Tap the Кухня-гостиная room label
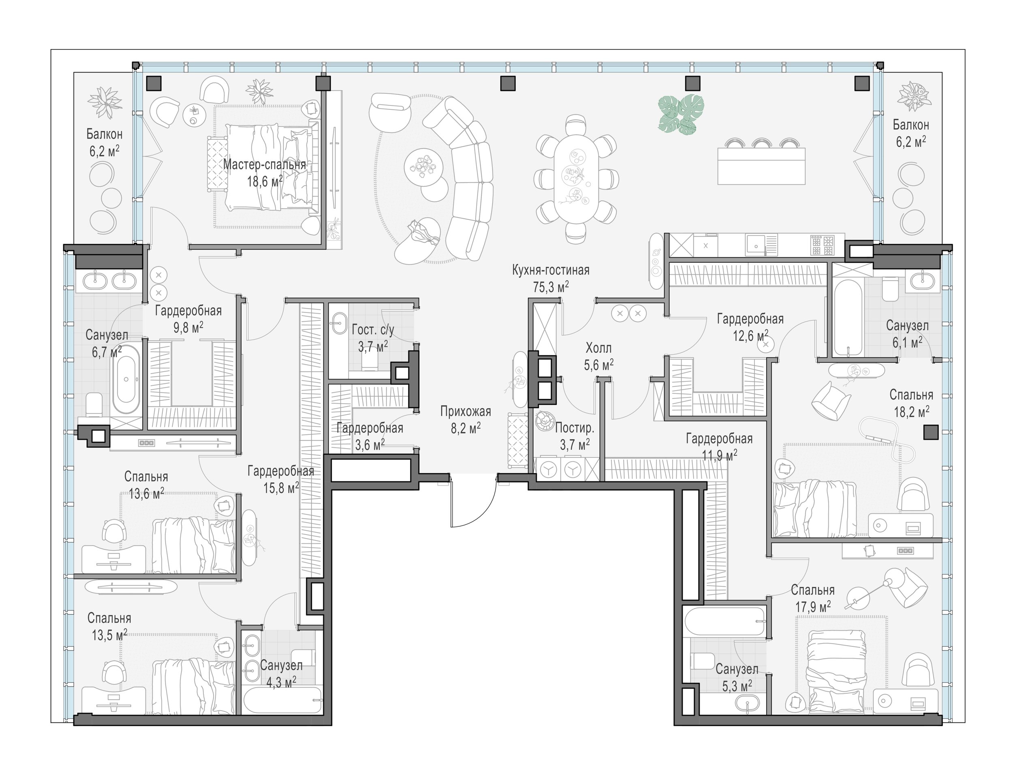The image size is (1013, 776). (x=551, y=270)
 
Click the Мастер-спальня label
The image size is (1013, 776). (x=264, y=165)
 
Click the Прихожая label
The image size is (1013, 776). (x=466, y=411)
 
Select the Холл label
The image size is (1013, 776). (x=598, y=348)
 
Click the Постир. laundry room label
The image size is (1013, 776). (x=575, y=428)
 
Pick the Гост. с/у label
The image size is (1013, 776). (x=373, y=330)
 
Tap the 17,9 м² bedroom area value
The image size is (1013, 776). (x=812, y=607)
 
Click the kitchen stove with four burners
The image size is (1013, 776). (x=822, y=245)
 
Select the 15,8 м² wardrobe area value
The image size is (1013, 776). (x=281, y=488)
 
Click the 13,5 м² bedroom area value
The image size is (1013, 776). (x=109, y=635)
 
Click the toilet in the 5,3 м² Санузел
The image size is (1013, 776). (x=703, y=661)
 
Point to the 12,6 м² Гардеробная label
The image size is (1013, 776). (x=750, y=327)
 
